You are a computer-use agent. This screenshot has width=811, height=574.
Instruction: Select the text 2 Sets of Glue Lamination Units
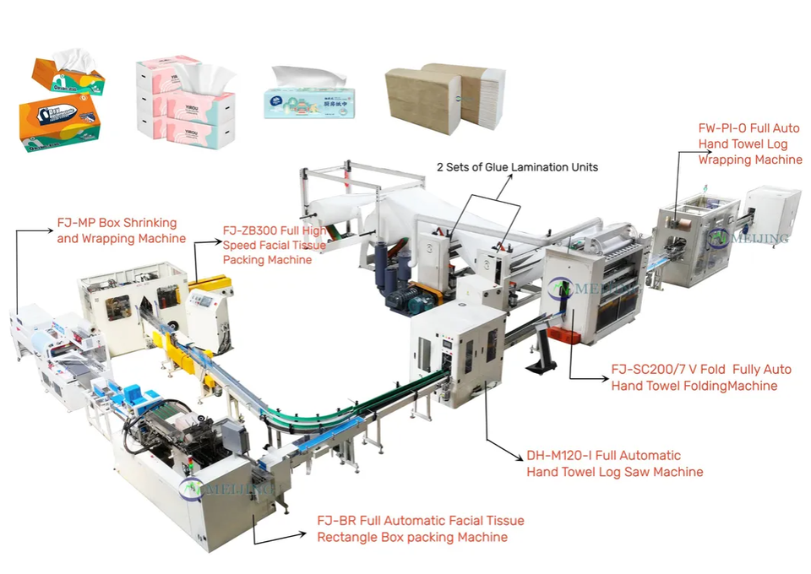[517, 167]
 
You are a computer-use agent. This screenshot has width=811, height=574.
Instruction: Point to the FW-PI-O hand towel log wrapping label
[749, 143]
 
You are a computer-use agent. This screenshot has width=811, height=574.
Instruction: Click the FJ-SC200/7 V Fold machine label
[700, 377]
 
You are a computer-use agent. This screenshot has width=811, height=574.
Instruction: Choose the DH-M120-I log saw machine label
[615, 463]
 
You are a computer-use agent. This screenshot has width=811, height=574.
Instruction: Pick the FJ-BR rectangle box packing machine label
[420, 528]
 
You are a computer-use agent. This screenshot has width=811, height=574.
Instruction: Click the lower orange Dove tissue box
[59, 120]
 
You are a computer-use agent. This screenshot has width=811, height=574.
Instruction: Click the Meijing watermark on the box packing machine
[224, 487]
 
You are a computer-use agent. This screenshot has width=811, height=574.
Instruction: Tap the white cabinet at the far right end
[774, 214]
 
